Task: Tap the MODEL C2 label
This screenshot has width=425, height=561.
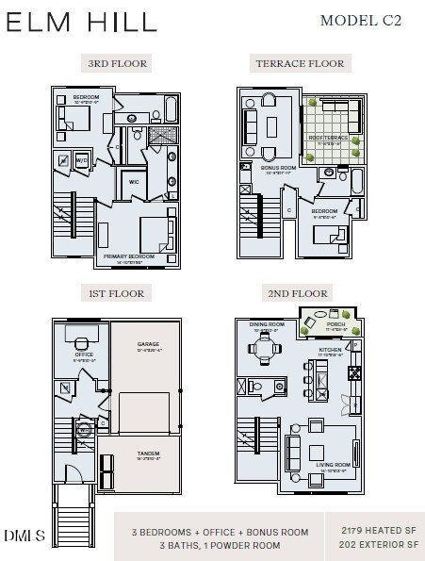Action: point(360,20)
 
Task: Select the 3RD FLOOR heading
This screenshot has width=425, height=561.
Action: point(118,63)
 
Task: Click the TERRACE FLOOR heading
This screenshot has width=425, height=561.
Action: point(301,63)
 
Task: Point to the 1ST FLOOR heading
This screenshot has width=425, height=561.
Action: point(116,294)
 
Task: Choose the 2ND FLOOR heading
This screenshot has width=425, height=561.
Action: point(297,294)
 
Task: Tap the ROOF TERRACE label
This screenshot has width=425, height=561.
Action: point(329,138)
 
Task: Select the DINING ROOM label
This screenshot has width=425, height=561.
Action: point(265,325)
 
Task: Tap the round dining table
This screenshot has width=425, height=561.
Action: point(265,347)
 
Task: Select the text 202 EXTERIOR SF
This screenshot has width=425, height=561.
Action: point(381,545)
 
